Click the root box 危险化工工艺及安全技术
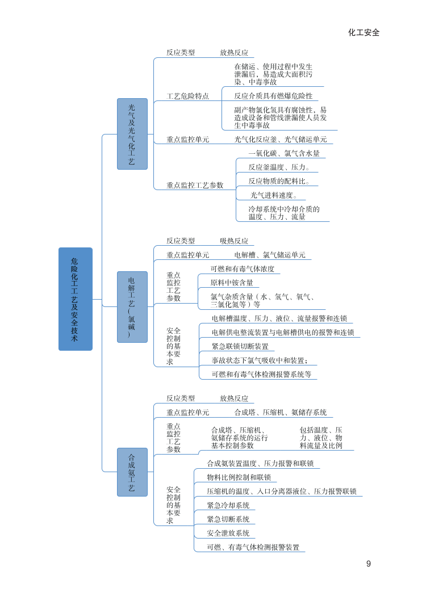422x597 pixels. click(x=75, y=298)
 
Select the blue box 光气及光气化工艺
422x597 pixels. click(x=132, y=134)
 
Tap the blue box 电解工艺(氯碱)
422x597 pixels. click(x=132, y=306)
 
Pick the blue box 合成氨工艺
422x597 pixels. click(x=132, y=472)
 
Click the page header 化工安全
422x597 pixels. click(x=363, y=32)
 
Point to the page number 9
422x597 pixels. click(x=369, y=564)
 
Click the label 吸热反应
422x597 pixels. click(x=234, y=241)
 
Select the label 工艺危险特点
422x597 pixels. click(x=187, y=96)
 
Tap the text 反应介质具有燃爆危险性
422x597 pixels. click(x=273, y=96)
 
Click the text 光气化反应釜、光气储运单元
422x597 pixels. click(x=281, y=140)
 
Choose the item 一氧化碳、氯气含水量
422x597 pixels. click(x=284, y=153)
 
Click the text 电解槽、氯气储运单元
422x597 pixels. click(x=270, y=255)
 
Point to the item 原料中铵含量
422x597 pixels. click(x=232, y=283)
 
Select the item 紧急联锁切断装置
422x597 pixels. click(x=240, y=347)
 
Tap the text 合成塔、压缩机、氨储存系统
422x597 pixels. click(x=281, y=413)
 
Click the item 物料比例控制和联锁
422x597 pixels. click(x=239, y=477)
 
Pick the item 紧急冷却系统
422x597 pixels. click(x=228, y=505)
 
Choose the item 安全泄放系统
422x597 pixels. click(x=228, y=533)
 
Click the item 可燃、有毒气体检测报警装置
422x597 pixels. click(x=253, y=548)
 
